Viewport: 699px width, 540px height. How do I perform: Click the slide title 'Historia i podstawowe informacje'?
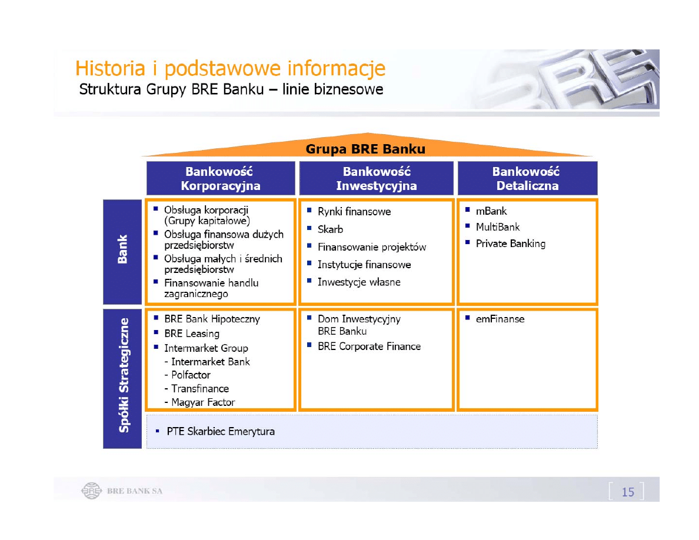click(x=230, y=69)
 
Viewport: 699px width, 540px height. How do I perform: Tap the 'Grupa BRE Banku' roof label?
click(x=365, y=149)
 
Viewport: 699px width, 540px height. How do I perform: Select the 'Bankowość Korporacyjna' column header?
click(x=221, y=178)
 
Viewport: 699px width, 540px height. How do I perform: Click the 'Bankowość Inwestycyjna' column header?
click(x=376, y=178)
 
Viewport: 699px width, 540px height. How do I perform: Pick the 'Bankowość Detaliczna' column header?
click(x=527, y=178)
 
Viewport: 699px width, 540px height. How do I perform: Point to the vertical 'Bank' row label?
click(x=122, y=249)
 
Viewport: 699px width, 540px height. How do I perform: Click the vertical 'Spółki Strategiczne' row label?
click(x=124, y=375)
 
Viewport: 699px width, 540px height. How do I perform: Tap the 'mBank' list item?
click(x=491, y=211)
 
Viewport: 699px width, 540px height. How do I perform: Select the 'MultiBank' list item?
click(x=498, y=227)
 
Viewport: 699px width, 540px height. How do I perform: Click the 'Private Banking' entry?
click(x=511, y=244)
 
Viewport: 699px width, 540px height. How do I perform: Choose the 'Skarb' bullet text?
click(x=330, y=229)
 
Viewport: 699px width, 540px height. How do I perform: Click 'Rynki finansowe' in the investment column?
click(x=354, y=211)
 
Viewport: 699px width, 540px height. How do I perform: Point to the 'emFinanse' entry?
click(x=500, y=319)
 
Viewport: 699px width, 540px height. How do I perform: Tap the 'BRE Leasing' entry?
click(x=192, y=334)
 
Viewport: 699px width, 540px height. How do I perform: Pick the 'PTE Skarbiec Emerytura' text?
click(x=221, y=431)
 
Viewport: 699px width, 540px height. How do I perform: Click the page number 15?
click(x=628, y=492)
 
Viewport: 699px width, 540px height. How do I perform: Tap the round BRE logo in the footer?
click(x=91, y=491)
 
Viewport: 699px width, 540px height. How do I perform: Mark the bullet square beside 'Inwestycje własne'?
click(x=309, y=281)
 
